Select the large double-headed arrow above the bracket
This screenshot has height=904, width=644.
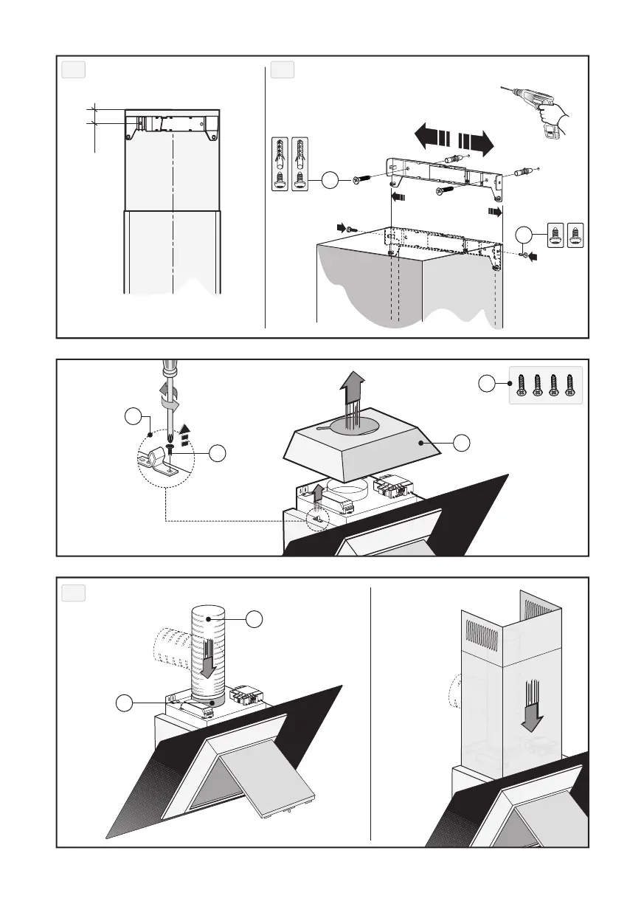(453, 140)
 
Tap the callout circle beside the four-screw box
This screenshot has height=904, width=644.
(486, 384)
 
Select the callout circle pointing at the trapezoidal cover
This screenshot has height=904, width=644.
(461, 443)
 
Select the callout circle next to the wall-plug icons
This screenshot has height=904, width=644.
(331, 179)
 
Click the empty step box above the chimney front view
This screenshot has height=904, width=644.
(73, 70)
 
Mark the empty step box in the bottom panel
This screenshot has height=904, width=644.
(73, 593)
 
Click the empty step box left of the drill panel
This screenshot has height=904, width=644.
(283, 70)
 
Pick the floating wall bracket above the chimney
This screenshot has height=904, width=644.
(446, 176)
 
